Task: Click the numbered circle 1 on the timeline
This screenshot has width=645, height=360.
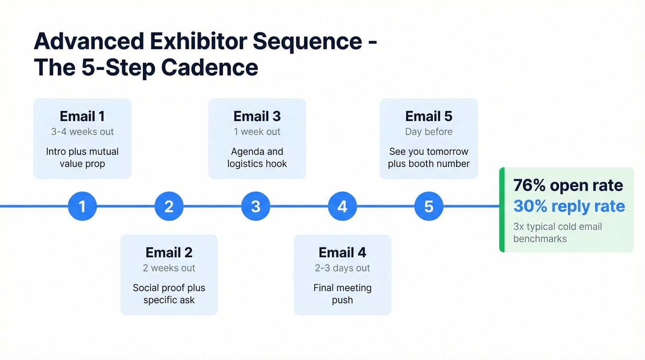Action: coord(82,206)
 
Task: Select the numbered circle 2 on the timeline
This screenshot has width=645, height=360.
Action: coord(169,206)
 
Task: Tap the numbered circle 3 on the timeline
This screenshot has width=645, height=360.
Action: coord(255,206)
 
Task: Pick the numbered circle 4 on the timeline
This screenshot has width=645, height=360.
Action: coord(342,206)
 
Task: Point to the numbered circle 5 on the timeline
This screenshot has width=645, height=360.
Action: coord(428,206)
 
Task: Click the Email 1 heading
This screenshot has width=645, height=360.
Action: coord(82,116)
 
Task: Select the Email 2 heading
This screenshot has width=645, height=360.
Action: coord(169,253)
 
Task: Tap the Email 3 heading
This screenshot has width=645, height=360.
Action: coord(257,116)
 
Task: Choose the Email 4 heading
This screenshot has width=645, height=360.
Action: coord(342,253)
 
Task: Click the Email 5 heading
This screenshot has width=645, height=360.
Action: coord(428,116)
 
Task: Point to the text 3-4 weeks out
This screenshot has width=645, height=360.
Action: coord(82,132)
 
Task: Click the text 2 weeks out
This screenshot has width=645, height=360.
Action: coord(169,268)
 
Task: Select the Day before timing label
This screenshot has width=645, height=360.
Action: coord(428,132)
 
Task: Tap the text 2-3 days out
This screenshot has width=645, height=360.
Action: coord(342,268)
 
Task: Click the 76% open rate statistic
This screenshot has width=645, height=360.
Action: coord(568,186)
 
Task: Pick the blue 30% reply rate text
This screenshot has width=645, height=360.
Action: coord(569,206)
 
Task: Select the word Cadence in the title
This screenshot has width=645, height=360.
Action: coord(210,68)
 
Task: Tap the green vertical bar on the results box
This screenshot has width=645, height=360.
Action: coord(502,210)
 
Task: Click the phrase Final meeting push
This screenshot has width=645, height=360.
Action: coord(342,294)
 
